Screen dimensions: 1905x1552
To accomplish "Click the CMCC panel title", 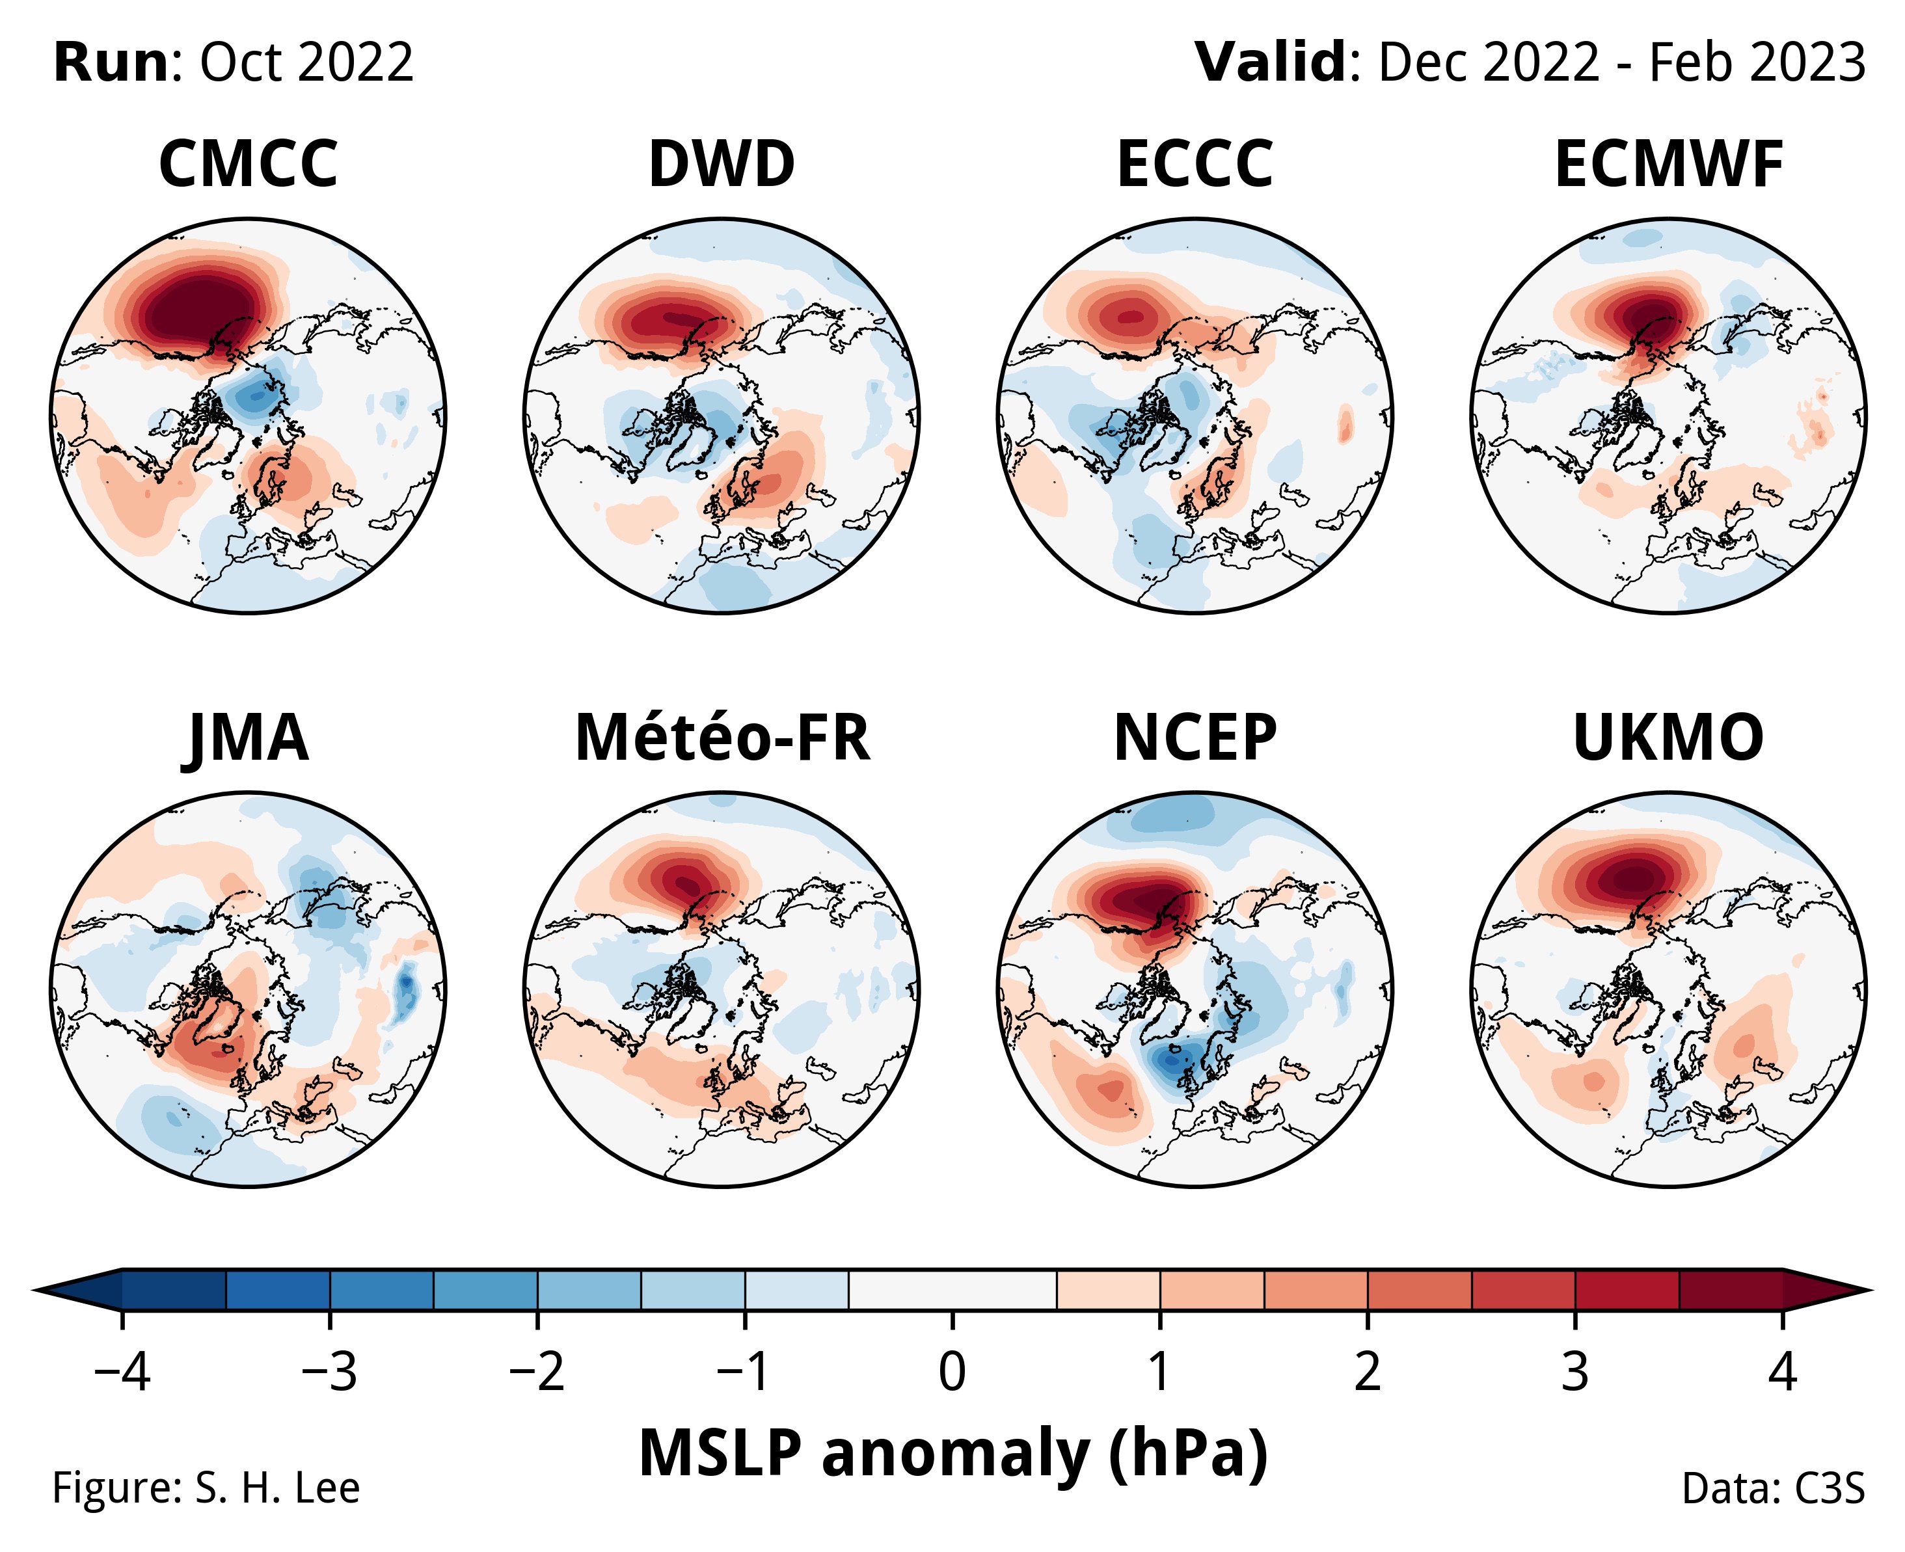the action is [248, 165].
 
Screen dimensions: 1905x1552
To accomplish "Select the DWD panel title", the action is [722, 165].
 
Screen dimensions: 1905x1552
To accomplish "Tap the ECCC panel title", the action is [1195, 165].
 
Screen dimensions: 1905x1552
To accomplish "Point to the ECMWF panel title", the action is [1669, 165].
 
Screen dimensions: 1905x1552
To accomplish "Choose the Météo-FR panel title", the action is [722, 738].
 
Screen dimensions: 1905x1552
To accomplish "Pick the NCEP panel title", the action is [1195, 738].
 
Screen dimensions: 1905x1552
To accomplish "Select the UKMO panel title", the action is [1669, 738].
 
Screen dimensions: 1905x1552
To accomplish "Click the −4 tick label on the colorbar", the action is [122, 1371].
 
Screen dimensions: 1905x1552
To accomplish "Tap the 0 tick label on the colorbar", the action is [952, 1371].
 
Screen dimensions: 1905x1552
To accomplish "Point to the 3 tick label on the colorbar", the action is [1575, 1371].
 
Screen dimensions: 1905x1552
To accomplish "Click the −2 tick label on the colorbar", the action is [537, 1371].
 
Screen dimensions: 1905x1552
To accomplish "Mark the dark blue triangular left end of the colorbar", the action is [81, 1289].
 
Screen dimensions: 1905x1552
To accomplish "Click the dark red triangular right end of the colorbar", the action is [1824, 1289].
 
